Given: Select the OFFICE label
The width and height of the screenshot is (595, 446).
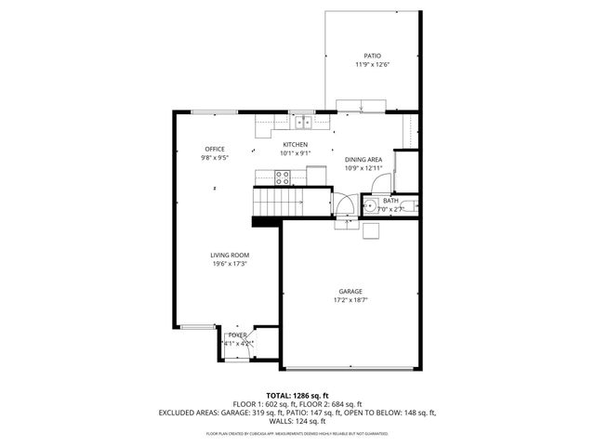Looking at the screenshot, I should (215, 149).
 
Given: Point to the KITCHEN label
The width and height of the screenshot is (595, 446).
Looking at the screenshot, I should (296, 144).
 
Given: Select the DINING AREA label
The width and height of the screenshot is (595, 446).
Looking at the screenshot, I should (364, 160).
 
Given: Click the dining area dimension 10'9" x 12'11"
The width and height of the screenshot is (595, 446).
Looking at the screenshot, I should (364, 169).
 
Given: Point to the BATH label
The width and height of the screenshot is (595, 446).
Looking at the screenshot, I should (390, 201).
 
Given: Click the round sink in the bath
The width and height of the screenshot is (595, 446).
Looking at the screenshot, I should (370, 207).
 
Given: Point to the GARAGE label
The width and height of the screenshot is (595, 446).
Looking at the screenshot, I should (350, 290).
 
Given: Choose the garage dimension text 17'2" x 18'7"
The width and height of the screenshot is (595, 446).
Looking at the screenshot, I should (350, 300).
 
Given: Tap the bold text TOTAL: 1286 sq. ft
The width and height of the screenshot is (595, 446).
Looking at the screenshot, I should (297, 396).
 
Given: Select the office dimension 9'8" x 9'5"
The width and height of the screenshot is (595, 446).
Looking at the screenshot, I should (215, 158).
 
